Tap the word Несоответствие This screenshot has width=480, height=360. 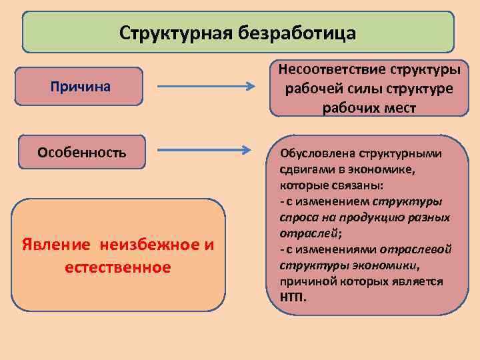tap(323, 70)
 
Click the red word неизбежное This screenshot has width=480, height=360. tap(151, 245)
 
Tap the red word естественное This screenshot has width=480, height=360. tap(117, 267)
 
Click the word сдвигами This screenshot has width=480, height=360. tap(298, 169)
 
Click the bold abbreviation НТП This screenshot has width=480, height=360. tap(292, 297)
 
